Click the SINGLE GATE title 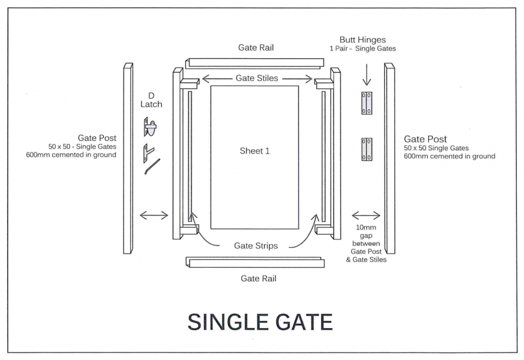point(260,322)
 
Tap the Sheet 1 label point(254,151)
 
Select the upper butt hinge point(366,103)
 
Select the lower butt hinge point(366,149)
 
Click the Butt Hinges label point(362,39)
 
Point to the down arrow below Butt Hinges point(366,76)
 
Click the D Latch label point(151,100)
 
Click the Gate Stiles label point(257,78)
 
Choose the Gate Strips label point(256,245)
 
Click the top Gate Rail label point(256,48)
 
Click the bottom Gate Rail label point(258,279)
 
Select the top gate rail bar point(255,63)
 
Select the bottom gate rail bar point(255,262)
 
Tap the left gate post point(128,159)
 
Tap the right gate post point(389,159)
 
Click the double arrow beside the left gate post point(154,215)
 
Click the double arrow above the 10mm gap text point(366,215)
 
